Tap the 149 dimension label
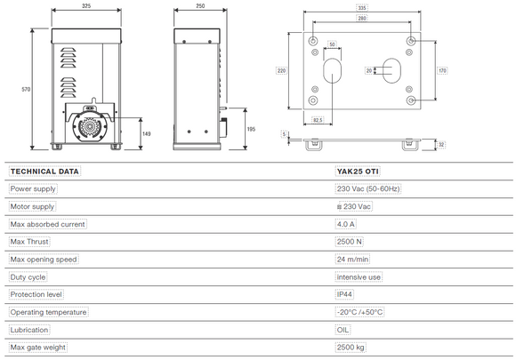[148, 133]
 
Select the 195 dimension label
[251, 129]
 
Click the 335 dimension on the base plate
[360, 6]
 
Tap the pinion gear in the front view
[89, 127]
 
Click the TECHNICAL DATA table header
[44, 172]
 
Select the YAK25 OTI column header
[357, 172]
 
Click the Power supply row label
[33, 189]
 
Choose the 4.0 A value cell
[346, 224]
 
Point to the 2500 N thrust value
[349, 242]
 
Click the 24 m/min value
[352, 259]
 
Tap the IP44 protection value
[345, 294]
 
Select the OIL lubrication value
[343, 329]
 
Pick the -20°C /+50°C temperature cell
[361, 312]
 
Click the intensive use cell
[358, 276]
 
